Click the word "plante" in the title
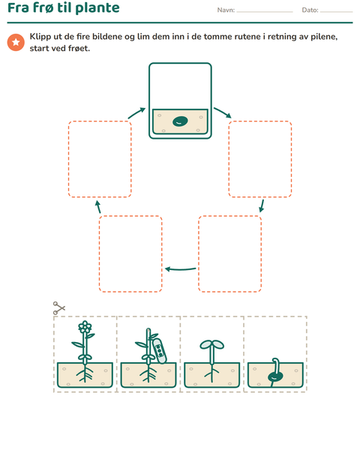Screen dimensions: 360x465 click(97, 8)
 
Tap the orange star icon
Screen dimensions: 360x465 click(16, 43)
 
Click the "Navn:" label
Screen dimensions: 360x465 click(226, 10)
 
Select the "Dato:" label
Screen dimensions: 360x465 click(310, 10)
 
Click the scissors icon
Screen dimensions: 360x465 click(58, 308)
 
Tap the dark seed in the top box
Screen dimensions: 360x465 click(180, 121)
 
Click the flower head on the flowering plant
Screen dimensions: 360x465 click(85, 326)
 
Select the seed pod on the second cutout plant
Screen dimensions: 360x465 click(160, 351)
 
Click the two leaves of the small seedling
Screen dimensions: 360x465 click(211, 344)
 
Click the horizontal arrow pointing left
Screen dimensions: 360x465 click(180, 269)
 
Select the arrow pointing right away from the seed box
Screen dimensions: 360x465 click(223, 112)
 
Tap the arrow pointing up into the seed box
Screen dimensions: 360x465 click(136, 113)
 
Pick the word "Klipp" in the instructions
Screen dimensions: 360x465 click(40, 37)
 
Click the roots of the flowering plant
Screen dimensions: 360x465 click(85, 374)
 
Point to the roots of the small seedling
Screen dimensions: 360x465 click(211, 373)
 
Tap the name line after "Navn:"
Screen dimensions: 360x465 click(265, 12)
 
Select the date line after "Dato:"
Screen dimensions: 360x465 click(336, 12)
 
